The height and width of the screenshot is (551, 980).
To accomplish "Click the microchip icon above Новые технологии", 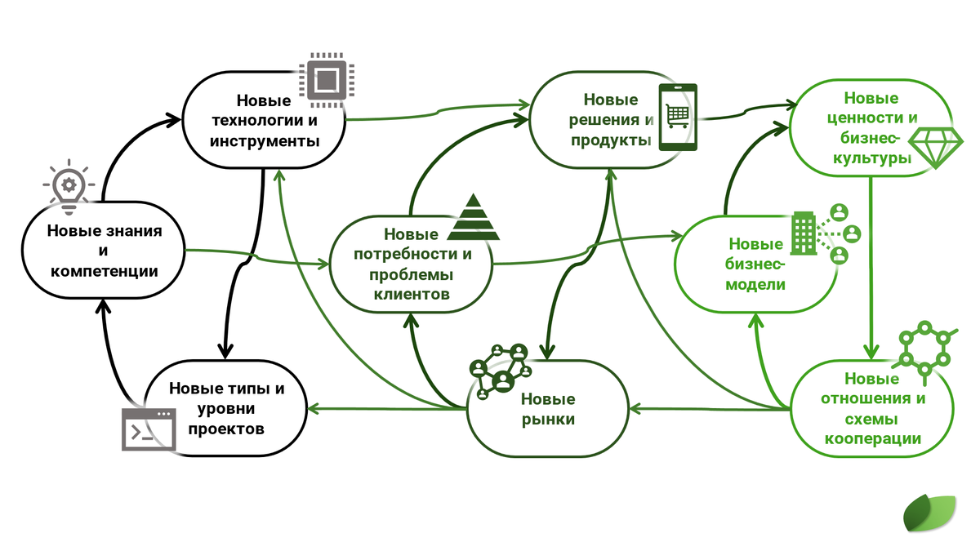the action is pyautogui.click(x=327, y=80).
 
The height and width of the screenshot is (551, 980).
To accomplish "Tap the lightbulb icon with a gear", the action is pyautogui.click(x=69, y=187).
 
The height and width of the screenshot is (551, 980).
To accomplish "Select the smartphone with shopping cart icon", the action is pyautogui.click(x=678, y=118).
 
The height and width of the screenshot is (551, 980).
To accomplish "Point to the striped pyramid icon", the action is pyautogui.click(x=473, y=217).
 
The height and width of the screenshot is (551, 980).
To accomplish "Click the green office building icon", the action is pyautogui.click(x=804, y=233).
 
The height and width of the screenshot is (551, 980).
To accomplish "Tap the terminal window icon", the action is pyautogui.click(x=149, y=429).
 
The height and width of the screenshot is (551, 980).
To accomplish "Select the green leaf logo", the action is pyautogui.click(x=929, y=513).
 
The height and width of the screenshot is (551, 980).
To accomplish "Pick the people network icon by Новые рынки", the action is pyautogui.click(x=501, y=371).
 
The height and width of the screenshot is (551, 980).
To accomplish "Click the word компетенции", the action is pyautogui.click(x=105, y=272).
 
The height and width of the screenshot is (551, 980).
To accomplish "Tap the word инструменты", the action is pyautogui.click(x=265, y=141).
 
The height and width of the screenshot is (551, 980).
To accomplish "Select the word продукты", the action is pyautogui.click(x=611, y=140).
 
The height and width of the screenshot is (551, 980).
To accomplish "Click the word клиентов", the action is pyautogui.click(x=412, y=295).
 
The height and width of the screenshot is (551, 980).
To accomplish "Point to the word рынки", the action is pyautogui.click(x=548, y=420).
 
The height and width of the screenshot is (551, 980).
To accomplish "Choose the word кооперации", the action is pyautogui.click(x=873, y=438).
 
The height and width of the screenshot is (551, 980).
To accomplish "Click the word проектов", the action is pyautogui.click(x=226, y=429).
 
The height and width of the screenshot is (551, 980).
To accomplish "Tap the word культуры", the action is pyautogui.click(x=872, y=158).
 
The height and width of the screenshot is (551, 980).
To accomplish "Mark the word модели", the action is pyautogui.click(x=755, y=285).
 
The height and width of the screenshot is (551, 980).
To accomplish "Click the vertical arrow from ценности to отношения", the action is pyautogui.click(x=871, y=268).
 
